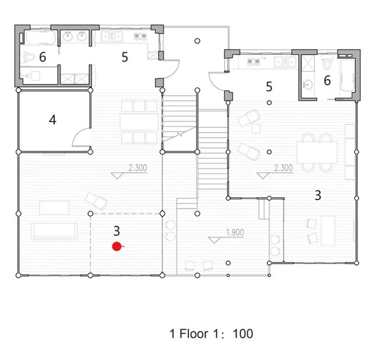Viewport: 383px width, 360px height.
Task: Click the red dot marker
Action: point(117,246)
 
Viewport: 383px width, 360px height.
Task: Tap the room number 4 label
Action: point(52,120)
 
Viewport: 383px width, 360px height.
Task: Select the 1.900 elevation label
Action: point(234,233)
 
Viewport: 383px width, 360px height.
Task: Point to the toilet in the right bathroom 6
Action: point(328,62)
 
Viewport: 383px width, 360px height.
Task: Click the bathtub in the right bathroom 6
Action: point(347,76)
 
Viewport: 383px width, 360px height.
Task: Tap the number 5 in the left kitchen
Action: point(124,57)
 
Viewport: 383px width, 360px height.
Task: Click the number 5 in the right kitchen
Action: point(269,87)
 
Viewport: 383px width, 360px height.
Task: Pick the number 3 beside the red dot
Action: point(117,231)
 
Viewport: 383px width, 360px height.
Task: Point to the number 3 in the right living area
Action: point(318,195)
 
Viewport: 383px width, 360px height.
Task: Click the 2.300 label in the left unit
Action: point(137,168)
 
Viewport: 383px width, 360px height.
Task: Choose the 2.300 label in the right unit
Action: point(283,168)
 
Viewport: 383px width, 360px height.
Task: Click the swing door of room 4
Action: point(82,138)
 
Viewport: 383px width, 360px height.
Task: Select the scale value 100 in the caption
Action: point(243,334)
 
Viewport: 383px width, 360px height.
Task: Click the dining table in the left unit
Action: point(139,121)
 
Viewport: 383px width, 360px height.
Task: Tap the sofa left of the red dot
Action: point(55,230)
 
